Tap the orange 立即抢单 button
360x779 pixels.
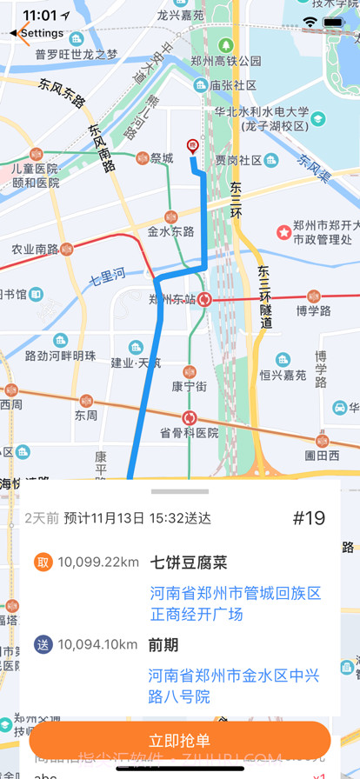(x=180, y=740)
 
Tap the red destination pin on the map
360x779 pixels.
(x=192, y=147)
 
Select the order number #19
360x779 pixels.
(x=309, y=518)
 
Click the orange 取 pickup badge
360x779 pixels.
(x=43, y=563)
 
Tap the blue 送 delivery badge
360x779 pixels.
(x=43, y=644)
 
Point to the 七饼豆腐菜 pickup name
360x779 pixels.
(x=189, y=563)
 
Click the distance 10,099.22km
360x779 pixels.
(x=98, y=563)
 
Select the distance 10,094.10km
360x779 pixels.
(x=98, y=644)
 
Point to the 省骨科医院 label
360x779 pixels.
(x=189, y=432)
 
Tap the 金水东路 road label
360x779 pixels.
(x=170, y=231)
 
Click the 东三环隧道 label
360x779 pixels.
(x=265, y=296)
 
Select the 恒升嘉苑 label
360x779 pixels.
(x=283, y=376)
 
